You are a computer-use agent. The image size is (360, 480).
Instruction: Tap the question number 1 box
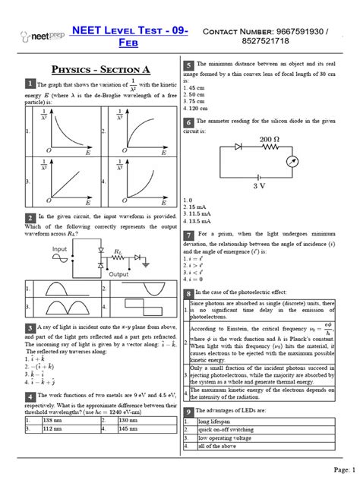point(29,84)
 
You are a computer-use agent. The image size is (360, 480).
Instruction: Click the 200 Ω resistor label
point(270,141)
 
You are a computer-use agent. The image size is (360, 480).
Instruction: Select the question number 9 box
point(188,411)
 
